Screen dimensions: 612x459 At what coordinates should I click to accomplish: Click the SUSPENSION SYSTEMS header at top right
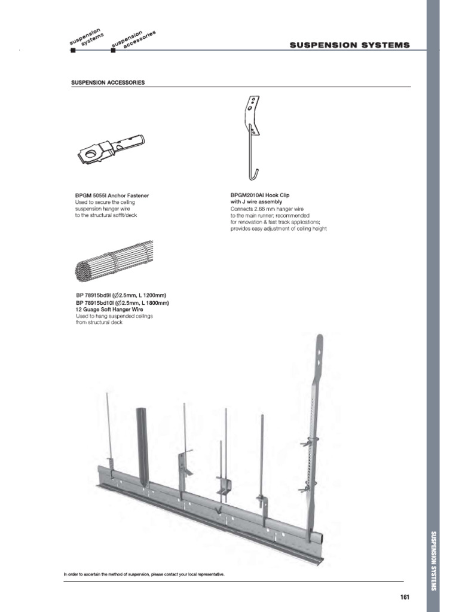350,45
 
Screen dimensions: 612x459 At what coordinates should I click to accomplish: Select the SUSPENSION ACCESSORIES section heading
108,82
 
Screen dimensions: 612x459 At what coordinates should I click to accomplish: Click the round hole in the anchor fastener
91,155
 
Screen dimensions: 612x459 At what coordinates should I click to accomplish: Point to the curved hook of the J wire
254,175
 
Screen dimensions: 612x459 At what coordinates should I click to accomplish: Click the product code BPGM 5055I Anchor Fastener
112,195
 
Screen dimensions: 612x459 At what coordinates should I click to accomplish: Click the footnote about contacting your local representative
144,574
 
